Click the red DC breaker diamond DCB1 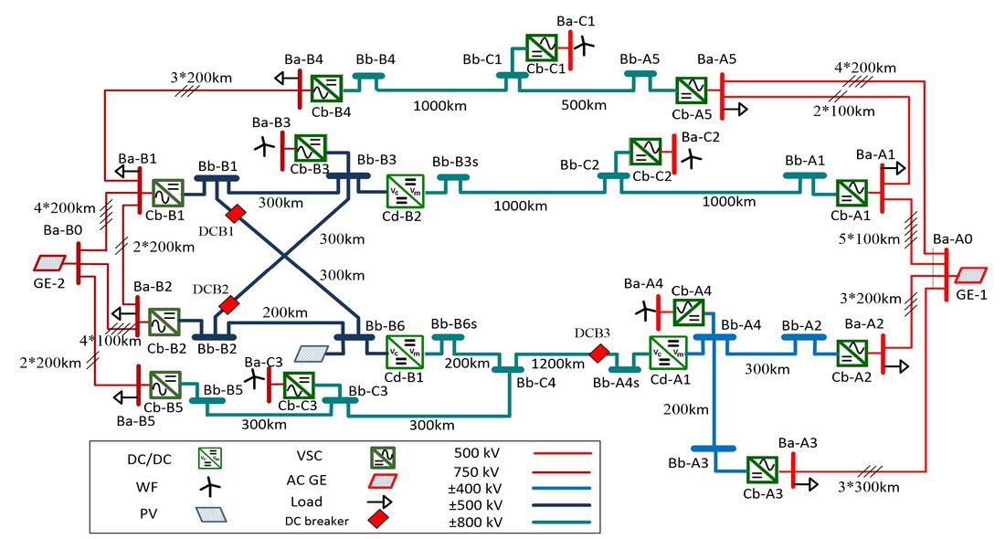(x=236, y=214)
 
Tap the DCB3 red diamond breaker (x=598, y=354)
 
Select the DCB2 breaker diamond (x=228, y=305)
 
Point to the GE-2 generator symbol (x=50, y=263)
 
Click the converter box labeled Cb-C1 (x=542, y=48)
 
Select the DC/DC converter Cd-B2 (x=405, y=190)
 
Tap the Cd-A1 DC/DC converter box (x=668, y=353)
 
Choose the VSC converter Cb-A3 (x=762, y=471)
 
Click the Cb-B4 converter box (x=327, y=89)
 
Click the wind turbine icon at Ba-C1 (x=583, y=45)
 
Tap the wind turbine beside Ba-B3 (x=264, y=147)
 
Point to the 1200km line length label (x=557, y=364)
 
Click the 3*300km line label (x=869, y=487)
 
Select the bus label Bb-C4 (x=535, y=383)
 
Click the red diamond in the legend (x=379, y=519)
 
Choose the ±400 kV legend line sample (x=562, y=489)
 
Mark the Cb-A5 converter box (x=692, y=90)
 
